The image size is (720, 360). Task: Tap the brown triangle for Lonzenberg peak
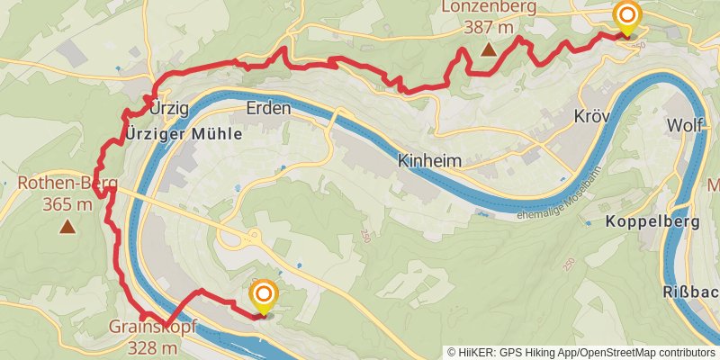tap(489, 49)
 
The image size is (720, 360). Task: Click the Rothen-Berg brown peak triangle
tap(67, 226)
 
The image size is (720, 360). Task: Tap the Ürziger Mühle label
tap(184, 134)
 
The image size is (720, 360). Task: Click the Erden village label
tap(268, 109)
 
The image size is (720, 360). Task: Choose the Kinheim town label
tap(429, 160)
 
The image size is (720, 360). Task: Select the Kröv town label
tap(592, 117)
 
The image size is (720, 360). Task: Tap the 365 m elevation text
tap(67, 205)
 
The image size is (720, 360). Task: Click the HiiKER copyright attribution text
tap(581, 352)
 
